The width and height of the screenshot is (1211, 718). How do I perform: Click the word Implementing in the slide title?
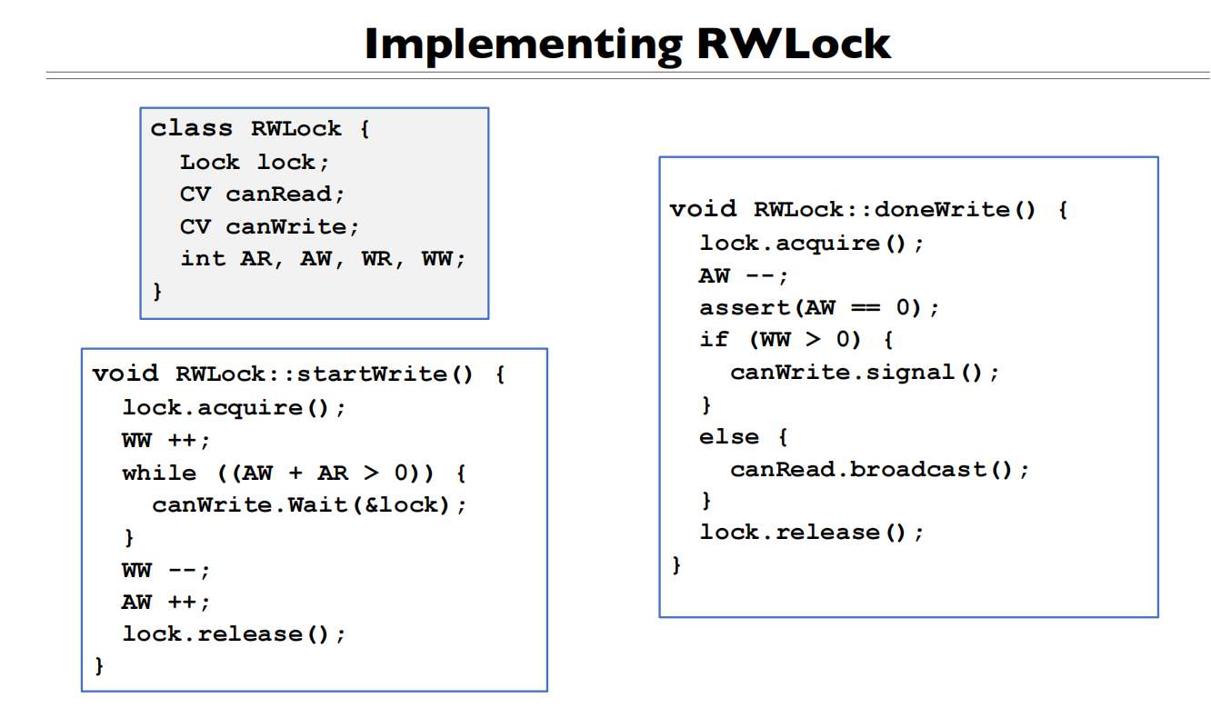tap(523, 44)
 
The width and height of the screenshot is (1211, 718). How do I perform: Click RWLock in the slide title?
tap(794, 44)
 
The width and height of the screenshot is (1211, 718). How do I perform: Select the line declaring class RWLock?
tap(260, 129)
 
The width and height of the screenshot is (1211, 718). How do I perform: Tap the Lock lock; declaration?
tap(255, 163)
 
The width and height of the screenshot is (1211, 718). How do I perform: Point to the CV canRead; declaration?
tap(262, 194)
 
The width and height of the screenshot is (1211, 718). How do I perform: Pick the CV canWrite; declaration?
tap(269, 226)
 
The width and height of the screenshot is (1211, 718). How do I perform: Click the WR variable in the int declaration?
tap(376, 258)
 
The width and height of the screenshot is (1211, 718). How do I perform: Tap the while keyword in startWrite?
tap(159, 474)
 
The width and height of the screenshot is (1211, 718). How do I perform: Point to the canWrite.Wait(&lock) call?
tap(309, 505)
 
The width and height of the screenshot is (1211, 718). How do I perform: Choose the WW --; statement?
tap(165, 571)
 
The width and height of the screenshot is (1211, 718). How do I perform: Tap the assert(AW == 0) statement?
tap(818, 308)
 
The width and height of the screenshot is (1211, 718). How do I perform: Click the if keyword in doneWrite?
tap(714, 340)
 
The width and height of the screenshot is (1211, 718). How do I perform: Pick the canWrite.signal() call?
tap(864, 373)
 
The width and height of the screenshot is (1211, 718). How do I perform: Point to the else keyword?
tap(728, 437)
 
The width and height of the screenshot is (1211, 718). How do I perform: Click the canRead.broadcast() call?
tap(879, 470)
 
